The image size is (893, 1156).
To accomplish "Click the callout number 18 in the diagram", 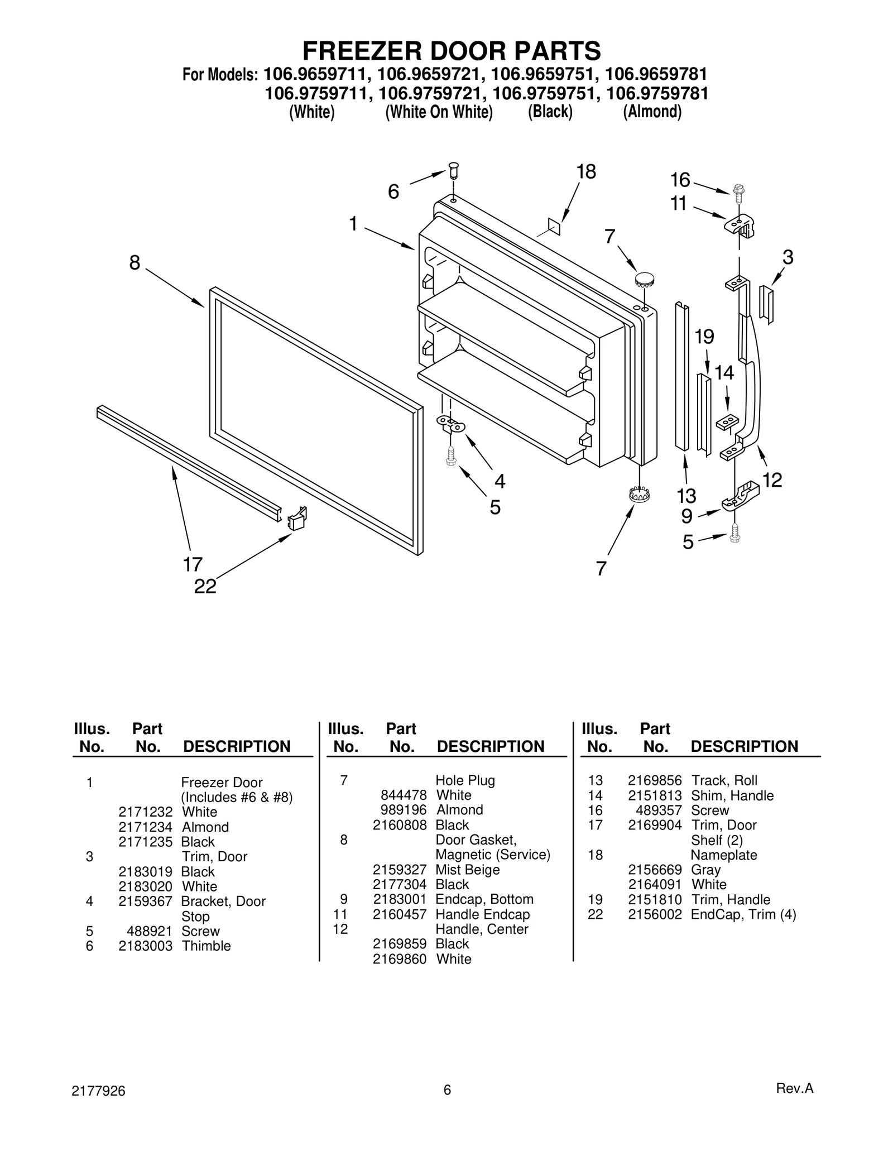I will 586,172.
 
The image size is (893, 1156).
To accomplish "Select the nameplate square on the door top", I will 554,225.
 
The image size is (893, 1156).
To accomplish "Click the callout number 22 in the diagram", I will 205,586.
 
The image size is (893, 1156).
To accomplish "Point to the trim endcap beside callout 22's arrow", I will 297,519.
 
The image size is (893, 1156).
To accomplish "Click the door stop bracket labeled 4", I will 450,425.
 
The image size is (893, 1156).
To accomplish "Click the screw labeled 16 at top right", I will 739,191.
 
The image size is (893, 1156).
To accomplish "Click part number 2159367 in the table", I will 145,901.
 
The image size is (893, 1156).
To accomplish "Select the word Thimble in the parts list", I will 206,946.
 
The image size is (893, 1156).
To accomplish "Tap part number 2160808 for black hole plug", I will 400,825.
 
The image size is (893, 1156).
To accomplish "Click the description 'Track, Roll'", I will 724,780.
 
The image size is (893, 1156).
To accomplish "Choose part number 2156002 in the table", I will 655,914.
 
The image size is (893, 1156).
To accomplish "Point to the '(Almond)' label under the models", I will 652,112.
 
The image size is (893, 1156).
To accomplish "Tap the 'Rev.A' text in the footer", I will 795,1088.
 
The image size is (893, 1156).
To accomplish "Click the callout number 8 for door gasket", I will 135,262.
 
